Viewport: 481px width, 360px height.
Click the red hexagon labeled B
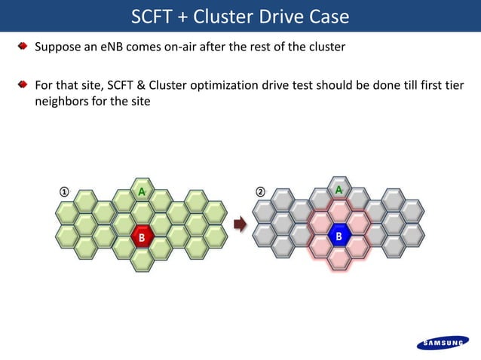pyautogui.click(x=141, y=237)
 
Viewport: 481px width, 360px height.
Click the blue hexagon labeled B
pyautogui.click(x=339, y=236)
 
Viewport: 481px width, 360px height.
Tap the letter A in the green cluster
pyautogui.click(x=141, y=191)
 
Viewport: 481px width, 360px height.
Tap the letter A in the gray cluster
pyautogui.click(x=339, y=190)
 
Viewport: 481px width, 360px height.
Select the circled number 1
pyautogui.click(x=65, y=191)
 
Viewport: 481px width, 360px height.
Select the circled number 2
pyautogui.click(x=261, y=191)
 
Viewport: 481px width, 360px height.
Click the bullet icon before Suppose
pyautogui.click(x=23, y=47)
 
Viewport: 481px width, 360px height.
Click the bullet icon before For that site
pyautogui.click(x=23, y=83)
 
